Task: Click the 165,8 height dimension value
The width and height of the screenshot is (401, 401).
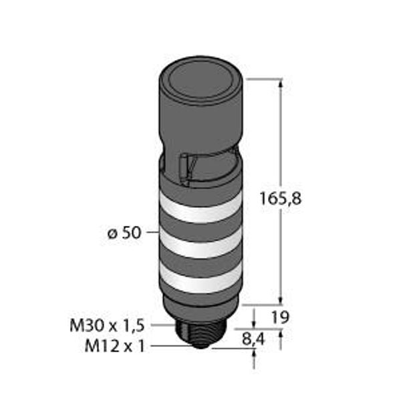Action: [x=281, y=198]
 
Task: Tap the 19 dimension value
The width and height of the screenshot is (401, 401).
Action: [x=280, y=317]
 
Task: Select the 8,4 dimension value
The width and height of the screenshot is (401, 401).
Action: [x=254, y=340]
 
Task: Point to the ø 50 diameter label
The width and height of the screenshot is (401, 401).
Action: [x=124, y=233]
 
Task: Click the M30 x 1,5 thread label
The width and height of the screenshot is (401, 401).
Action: [x=107, y=326]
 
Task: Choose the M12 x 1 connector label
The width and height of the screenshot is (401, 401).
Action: [x=114, y=346]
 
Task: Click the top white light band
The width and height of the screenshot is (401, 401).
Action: [x=200, y=208]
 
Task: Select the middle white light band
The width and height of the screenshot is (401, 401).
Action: [x=200, y=244]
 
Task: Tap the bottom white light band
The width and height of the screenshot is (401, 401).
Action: [x=200, y=279]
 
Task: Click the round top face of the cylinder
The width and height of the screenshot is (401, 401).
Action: [x=200, y=80]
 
